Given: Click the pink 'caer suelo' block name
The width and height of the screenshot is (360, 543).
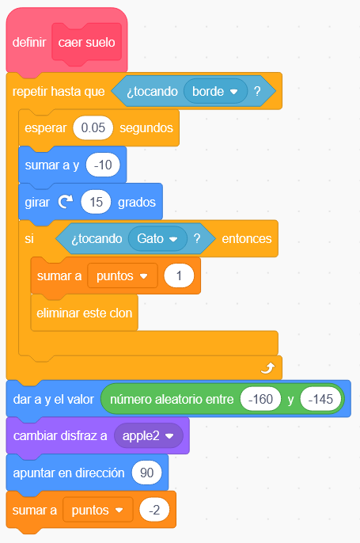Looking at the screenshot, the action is tap(86, 43).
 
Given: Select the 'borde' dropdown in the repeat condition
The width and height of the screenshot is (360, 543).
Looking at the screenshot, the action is tap(215, 92).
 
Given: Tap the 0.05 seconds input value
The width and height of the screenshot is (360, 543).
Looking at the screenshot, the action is tap(93, 127).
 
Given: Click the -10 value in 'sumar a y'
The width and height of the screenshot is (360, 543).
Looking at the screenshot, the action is tap(103, 165).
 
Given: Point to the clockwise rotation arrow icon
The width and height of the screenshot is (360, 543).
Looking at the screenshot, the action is tap(66, 202).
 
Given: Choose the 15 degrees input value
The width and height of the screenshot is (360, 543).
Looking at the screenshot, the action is tap(96, 202).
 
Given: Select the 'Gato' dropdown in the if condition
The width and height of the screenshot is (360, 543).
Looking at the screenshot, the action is tap(157, 238).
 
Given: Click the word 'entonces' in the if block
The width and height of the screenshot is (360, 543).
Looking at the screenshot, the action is tap(247, 238).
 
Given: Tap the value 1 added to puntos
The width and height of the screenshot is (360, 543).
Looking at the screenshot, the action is tap(179, 275).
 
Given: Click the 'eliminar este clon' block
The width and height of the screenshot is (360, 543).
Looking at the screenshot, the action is tap(85, 313).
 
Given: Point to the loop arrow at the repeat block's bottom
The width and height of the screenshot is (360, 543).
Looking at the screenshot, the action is tap(268, 368).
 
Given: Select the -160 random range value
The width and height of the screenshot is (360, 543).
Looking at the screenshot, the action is tap(260, 399).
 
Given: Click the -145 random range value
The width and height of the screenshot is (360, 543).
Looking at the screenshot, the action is tap(320, 399).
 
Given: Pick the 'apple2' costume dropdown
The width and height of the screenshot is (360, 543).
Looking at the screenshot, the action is tap(149, 435).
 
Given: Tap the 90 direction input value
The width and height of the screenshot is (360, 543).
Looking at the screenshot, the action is tap(147, 473).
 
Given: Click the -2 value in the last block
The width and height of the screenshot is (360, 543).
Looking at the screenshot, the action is tap(154, 510).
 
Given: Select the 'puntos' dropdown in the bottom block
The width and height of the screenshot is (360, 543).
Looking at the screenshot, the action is tap(98, 510).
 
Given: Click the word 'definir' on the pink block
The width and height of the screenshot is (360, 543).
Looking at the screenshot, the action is tap(29, 43).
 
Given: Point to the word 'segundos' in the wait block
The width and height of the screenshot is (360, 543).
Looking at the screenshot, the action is tap(146, 127).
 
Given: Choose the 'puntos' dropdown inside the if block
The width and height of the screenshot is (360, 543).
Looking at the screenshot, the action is tap(123, 275).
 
